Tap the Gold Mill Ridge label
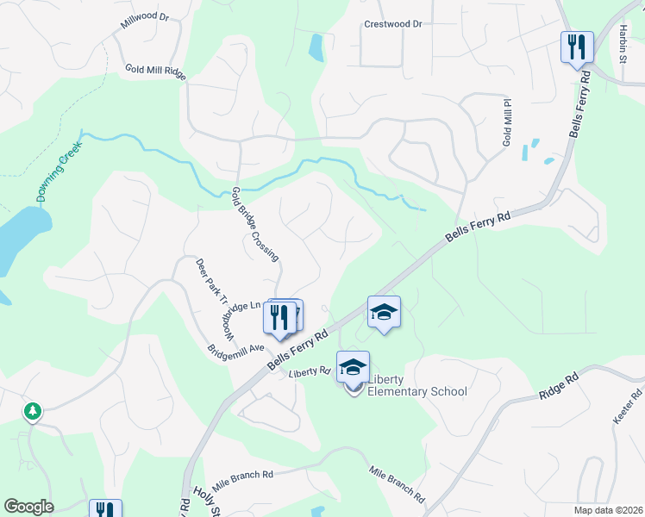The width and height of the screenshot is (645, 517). coord(155,72)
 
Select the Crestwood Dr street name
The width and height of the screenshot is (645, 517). coord(392,24)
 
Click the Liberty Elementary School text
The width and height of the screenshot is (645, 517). coord(417,385)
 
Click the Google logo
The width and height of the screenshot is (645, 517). coord(28,507)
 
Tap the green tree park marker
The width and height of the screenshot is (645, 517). coord(33,412)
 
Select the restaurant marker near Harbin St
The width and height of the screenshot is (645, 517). coord(576,46)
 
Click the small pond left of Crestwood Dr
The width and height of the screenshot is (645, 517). coord(316,47)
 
